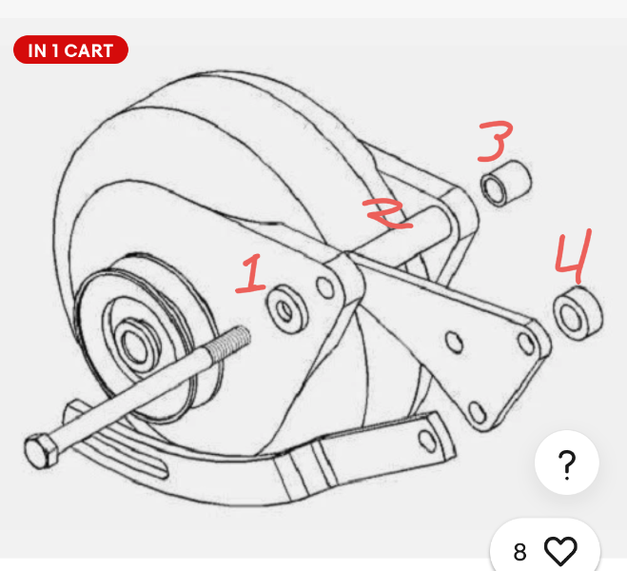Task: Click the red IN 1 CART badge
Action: (70, 49)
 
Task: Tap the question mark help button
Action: (567, 463)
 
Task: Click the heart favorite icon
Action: (561, 551)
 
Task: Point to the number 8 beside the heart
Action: (519, 552)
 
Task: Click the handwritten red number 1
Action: (252, 274)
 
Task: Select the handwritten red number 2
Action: (387, 213)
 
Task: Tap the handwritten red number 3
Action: (496, 141)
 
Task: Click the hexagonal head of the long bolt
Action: (41, 451)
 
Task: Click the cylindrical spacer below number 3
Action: (506, 184)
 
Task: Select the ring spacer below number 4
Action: (578, 314)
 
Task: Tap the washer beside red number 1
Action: (287, 309)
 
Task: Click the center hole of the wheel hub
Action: (135, 345)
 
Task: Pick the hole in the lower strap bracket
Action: (426, 440)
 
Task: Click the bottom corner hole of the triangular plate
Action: (477, 412)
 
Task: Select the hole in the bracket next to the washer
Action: (325, 287)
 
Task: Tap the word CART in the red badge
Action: (88, 50)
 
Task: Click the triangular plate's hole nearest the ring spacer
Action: (526, 344)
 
